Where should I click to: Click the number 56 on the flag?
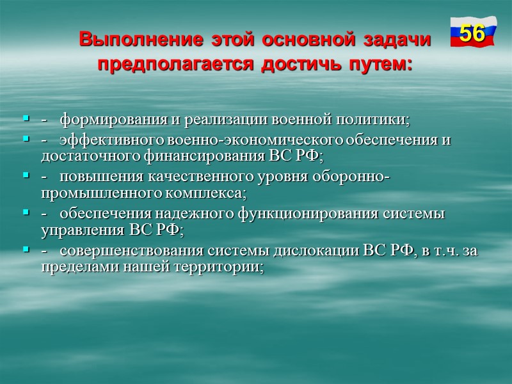click(472, 33)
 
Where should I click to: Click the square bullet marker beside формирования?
click(26, 119)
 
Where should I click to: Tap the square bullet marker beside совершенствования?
click(26, 250)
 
